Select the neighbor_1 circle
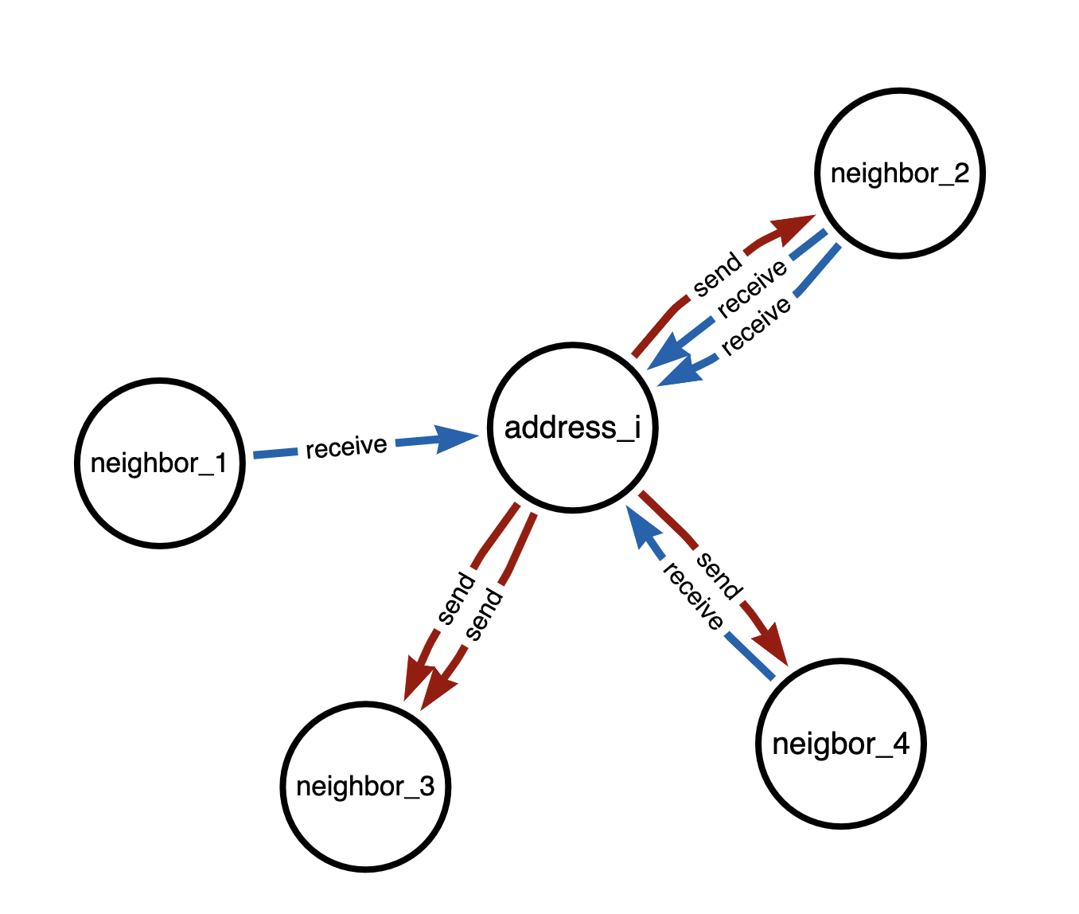point(160,463)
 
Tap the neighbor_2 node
point(899,173)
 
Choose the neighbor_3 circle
point(365,787)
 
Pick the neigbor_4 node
point(840,744)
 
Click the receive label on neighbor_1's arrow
point(346,447)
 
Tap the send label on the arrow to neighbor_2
point(717,275)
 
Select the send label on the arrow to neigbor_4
point(719,574)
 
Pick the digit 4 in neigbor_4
point(900,744)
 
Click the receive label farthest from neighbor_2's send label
point(757,325)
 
